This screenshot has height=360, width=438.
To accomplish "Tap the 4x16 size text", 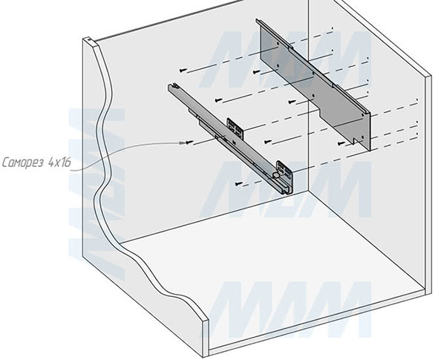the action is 59,162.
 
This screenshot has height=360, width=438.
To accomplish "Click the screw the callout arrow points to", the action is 189,143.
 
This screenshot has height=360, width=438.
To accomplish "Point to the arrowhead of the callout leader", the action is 182,143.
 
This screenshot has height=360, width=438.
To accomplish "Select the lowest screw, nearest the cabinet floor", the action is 238,184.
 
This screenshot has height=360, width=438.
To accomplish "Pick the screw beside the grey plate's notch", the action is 341,143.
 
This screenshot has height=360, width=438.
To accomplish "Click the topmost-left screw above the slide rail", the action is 183,71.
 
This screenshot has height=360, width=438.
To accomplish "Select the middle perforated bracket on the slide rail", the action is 235,128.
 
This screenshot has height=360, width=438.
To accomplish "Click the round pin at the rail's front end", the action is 276,175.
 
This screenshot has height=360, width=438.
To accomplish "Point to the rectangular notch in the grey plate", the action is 355,141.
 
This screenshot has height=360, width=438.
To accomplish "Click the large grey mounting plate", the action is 315,85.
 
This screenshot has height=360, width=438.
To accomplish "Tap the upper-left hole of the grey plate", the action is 278,44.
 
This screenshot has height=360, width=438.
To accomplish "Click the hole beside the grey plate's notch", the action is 362,137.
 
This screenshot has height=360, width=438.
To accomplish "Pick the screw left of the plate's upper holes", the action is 256,72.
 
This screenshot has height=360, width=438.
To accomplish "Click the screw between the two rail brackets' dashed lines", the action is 267,142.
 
